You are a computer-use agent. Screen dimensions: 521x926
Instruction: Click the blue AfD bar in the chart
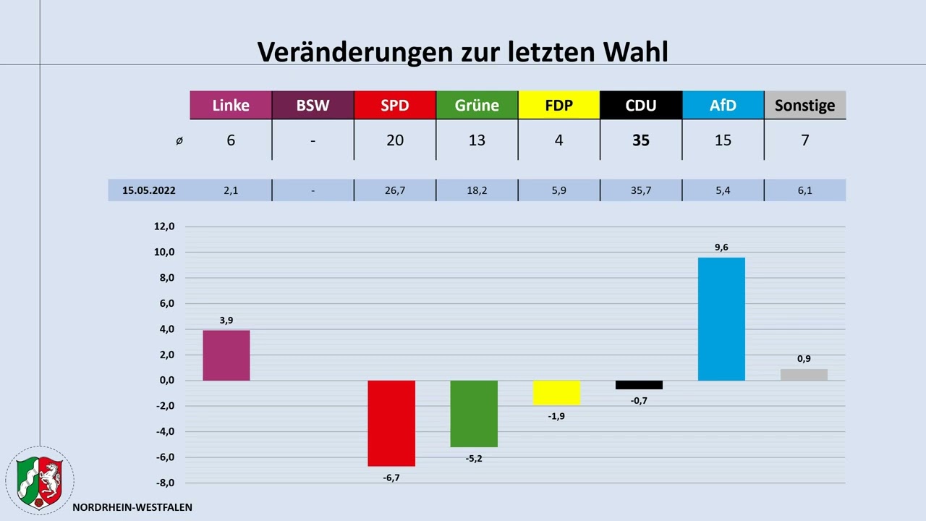tap(721, 318)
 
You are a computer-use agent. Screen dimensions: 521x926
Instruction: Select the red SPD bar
tap(391, 423)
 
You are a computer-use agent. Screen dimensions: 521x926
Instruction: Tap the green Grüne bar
tap(474, 413)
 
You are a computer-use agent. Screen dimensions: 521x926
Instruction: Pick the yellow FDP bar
tap(556, 393)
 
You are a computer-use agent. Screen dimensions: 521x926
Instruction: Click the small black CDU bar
tap(639, 385)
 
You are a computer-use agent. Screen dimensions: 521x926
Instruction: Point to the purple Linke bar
tap(226, 355)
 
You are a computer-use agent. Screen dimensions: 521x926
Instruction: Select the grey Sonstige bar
tap(804, 375)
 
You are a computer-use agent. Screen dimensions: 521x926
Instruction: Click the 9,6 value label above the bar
tap(721, 247)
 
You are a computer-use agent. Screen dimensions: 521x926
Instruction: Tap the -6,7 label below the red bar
tap(391, 478)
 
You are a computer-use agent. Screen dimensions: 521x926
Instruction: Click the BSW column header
tap(313, 105)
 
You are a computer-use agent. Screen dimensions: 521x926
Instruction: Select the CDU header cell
tap(641, 105)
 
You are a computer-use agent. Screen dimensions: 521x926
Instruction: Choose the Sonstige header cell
tap(804, 105)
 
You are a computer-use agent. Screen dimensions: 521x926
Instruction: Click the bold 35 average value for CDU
tap(641, 140)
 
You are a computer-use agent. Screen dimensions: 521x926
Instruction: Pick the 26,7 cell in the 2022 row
tap(395, 191)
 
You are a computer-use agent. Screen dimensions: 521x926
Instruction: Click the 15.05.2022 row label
tap(149, 191)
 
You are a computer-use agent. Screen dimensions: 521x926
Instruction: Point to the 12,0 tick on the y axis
tap(164, 226)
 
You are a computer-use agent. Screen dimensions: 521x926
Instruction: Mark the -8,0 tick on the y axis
tap(164, 483)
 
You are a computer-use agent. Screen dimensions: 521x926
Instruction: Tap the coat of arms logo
tap(39, 480)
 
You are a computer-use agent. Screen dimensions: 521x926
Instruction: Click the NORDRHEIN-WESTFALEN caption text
tap(132, 507)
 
